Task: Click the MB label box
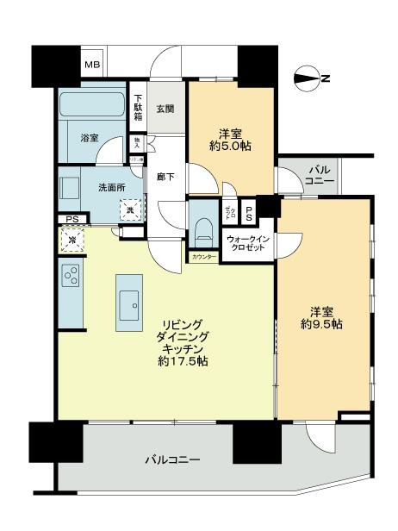coord(90,63)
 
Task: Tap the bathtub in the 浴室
coord(93,107)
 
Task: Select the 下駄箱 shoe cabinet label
coord(138,106)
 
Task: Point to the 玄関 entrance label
coord(166,109)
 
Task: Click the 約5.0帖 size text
coord(229,147)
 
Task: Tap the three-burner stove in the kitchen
coord(72,277)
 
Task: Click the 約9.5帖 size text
coord(322,325)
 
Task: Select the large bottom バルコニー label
coord(171,459)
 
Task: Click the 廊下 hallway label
coord(166,178)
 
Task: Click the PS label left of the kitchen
coord(70,220)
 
